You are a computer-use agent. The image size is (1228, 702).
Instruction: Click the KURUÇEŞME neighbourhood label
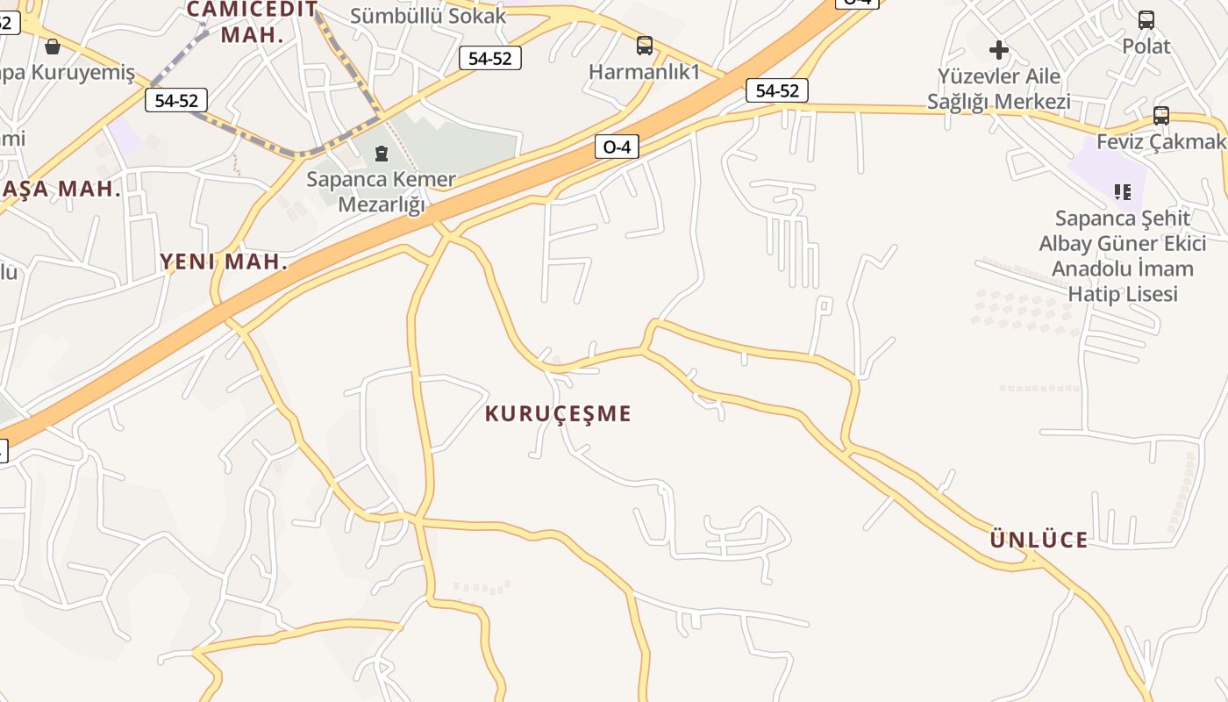(x=558, y=413)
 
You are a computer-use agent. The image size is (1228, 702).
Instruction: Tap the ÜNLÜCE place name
(x=1039, y=540)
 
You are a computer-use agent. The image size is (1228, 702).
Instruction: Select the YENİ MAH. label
(x=224, y=261)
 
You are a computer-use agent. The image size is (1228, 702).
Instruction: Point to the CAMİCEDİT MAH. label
(x=252, y=23)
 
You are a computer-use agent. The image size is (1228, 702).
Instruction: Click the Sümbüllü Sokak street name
(x=428, y=15)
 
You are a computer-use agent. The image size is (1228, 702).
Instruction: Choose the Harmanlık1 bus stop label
(x=644, y=72)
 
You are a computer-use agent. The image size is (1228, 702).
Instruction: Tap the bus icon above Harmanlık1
(x=645, y=46)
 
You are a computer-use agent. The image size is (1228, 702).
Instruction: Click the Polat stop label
(x=1146, y=46)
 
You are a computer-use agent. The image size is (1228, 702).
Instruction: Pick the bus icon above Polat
(x=1146, y=19)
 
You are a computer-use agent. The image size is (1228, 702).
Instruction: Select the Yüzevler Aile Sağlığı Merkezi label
(x=999, y=89)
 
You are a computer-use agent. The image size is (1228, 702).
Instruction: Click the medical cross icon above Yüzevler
(x=999, y=49)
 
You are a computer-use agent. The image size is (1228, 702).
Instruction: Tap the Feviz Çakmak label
(x=1160, y=141)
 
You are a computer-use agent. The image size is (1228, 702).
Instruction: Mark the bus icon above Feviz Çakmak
(x=1161, y=115)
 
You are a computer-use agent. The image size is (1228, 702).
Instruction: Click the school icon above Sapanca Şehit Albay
(x=1122, y=190)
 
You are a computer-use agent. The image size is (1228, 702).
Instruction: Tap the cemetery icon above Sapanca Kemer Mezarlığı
(x=381, y=154)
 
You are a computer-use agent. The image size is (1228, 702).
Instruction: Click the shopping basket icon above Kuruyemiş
(x=53, y=47)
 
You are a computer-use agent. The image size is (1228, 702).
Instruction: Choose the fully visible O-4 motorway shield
(x=617, y=147)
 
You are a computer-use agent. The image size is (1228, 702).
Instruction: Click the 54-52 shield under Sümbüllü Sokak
(x=490, y=59)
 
